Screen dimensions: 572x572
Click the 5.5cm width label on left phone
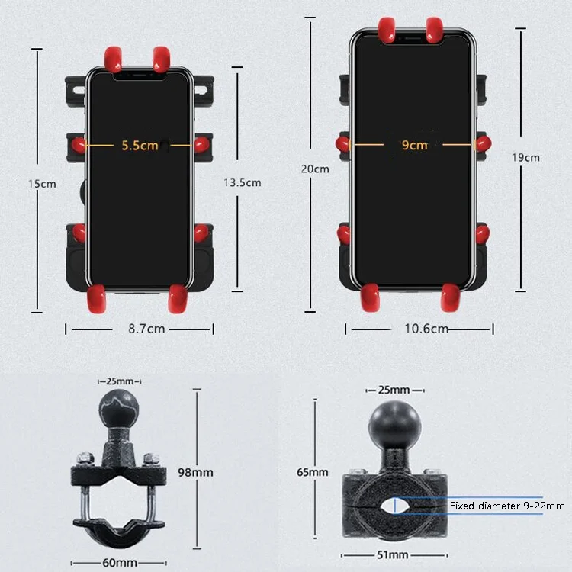139,144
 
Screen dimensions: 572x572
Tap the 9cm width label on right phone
414,145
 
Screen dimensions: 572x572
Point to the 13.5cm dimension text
242,182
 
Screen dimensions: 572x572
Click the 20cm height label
315,169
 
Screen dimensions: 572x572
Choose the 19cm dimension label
525,157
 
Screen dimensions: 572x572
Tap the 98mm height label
197,472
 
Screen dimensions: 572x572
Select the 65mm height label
313,472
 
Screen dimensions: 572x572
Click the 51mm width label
393,554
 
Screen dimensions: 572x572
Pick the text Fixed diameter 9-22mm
507,506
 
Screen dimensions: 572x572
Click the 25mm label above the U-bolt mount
121,380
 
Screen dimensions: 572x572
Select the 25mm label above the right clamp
393,390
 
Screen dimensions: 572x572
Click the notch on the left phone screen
138,74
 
